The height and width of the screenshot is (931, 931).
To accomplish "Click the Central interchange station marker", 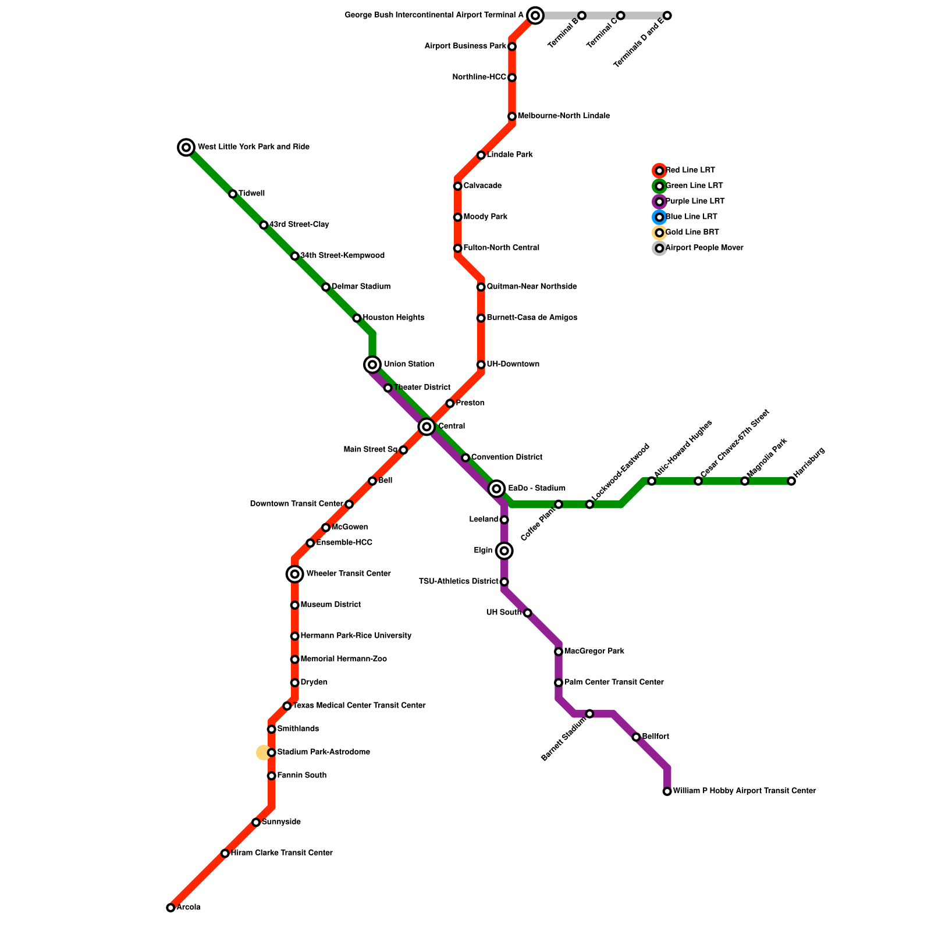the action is [x=427, y=427].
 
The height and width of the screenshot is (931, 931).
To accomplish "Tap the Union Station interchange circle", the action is [x=372, y=365].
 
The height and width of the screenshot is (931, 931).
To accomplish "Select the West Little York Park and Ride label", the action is [x=253, y=147].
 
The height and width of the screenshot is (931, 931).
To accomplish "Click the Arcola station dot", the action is [x=170, y=908].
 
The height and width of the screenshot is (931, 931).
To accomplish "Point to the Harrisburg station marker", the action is [x=791, y=481].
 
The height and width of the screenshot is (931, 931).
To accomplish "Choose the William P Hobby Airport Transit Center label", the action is [x=744, y=791].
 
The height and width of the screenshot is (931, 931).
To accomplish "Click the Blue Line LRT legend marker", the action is [x=659, y=218].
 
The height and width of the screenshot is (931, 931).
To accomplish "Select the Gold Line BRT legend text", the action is [x=692, y=233].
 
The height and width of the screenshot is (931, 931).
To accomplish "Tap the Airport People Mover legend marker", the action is [x=659, y=248].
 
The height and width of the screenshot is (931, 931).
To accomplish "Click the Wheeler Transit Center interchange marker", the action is [x=295, y=574].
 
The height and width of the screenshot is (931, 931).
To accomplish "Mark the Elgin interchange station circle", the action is [x=504, y=550].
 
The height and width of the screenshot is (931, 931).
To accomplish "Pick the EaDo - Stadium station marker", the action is [x=496, y=489].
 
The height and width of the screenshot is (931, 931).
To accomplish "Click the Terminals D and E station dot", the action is [x=667, y=16].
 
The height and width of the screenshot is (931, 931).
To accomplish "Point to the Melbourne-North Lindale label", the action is [x=563, y=116].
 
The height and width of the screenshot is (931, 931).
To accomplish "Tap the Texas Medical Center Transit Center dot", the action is [x=287, y=706].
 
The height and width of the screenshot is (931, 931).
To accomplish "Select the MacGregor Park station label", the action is [x=594, y=652].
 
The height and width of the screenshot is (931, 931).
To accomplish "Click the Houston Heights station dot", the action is [x=357, y=318].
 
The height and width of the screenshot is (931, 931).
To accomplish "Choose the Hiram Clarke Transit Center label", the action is [x=282, y=854].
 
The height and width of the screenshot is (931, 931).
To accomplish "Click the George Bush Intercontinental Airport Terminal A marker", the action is [x=535, y=16].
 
